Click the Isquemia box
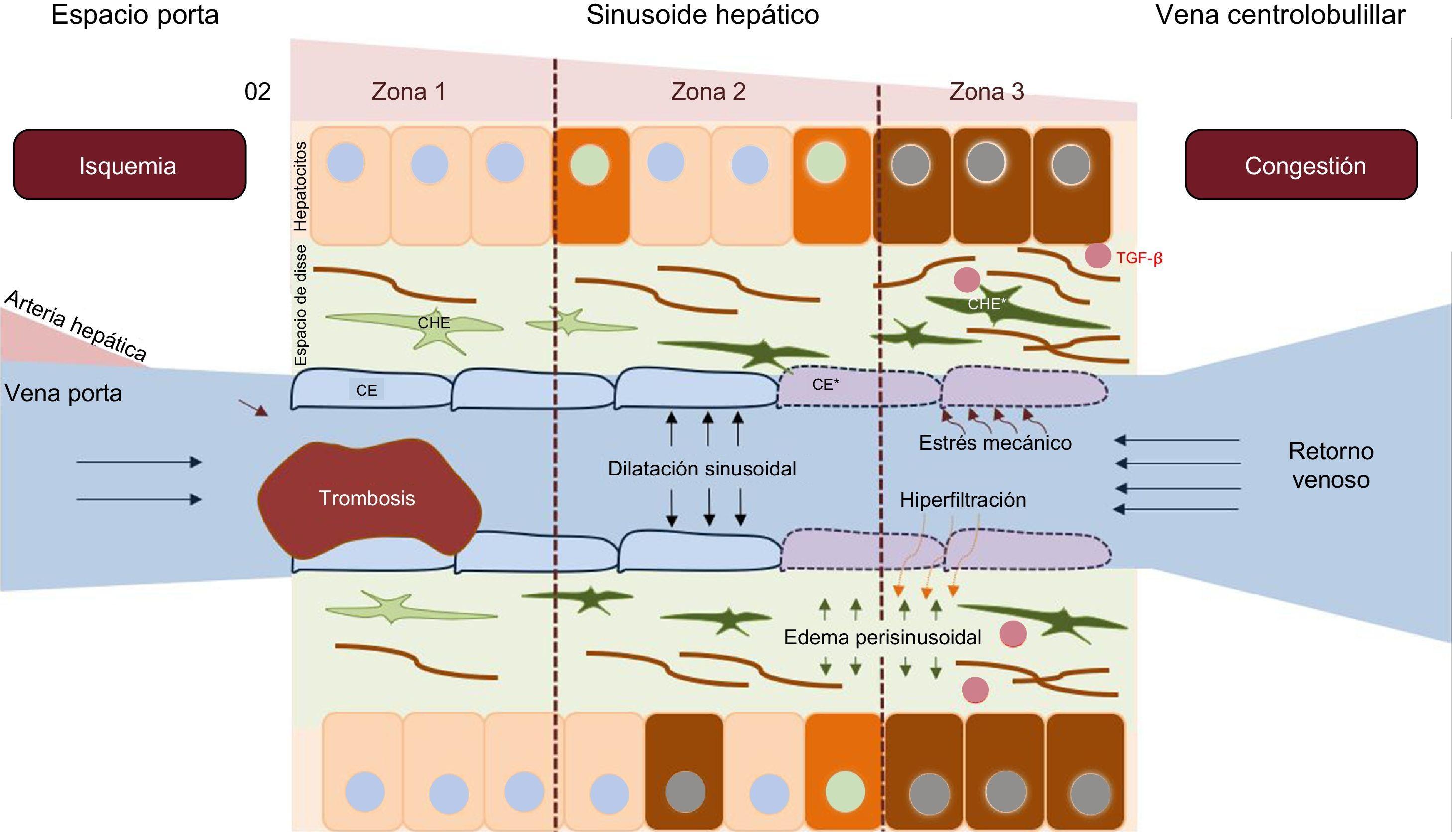(x=130, y=165)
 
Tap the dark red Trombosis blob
(x=368, y=498)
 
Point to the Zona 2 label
(x=708, y=92)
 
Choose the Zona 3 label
(x=986, y=92)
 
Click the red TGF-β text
(x=1139, y=259)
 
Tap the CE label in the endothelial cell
(x=366, y=390)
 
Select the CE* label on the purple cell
(x=826, y=384)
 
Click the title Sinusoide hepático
(x=702, y=15)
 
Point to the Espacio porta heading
(x=135, y=15)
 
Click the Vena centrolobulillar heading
(x=1280, y=15)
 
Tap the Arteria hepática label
(x=76, y=326)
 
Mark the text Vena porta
(x=63, y=393)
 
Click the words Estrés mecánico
(x=995, y=442)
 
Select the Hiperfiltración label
(x=963, y=500)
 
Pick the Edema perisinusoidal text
(x=882, y=637)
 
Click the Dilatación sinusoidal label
(x=702, y=469)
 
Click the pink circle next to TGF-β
(x=1097, y=255)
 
